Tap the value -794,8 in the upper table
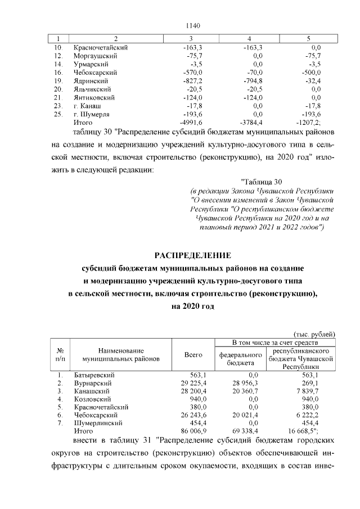click(253, 81)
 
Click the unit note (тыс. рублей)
click(315, 334)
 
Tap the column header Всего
click(193, 355)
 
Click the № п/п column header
click(59, 354)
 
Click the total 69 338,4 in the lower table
click(245, 430)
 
